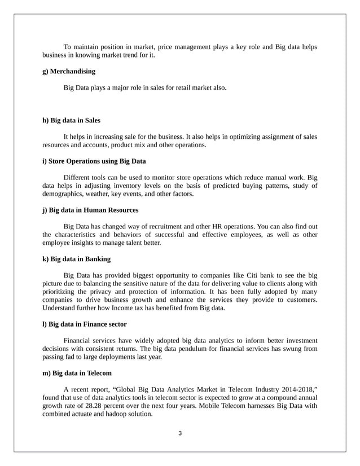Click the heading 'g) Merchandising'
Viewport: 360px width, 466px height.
click(x=69, y=72)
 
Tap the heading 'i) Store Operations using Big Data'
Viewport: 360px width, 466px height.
click(x=94, y=161)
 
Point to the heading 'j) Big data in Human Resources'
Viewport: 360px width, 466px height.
click(x=90, y=210)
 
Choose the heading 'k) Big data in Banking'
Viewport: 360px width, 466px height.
click(x=77, y=259)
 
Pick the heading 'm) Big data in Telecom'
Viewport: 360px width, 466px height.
click(x=77, y=373)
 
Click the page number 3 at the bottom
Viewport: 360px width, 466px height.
click(x=180, y=433)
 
